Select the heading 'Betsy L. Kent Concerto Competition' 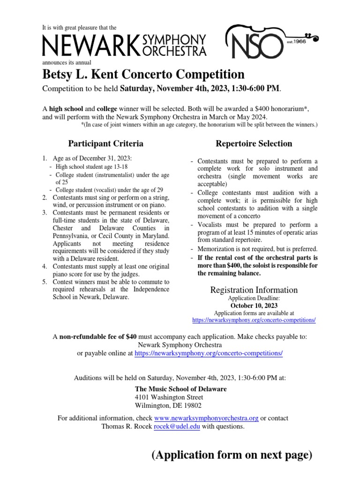pyautogui.click(x=143, y=75)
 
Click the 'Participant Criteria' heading pyautogui.click(x=106, y=143)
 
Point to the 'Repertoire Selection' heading pyautogui.click(x=254, y=143)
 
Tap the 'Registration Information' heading pyautogui.click(x=254, y=290)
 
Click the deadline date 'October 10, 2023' pyautogui.click(x=254, y=306)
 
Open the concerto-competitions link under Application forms pyautogui.click(x=254, y=320)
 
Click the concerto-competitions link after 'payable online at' pyautogui.click(x=209, y=353)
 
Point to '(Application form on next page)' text pyautogui.click(x=232, y=455)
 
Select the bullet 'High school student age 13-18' pyautogui.click(x=91, y=166)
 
